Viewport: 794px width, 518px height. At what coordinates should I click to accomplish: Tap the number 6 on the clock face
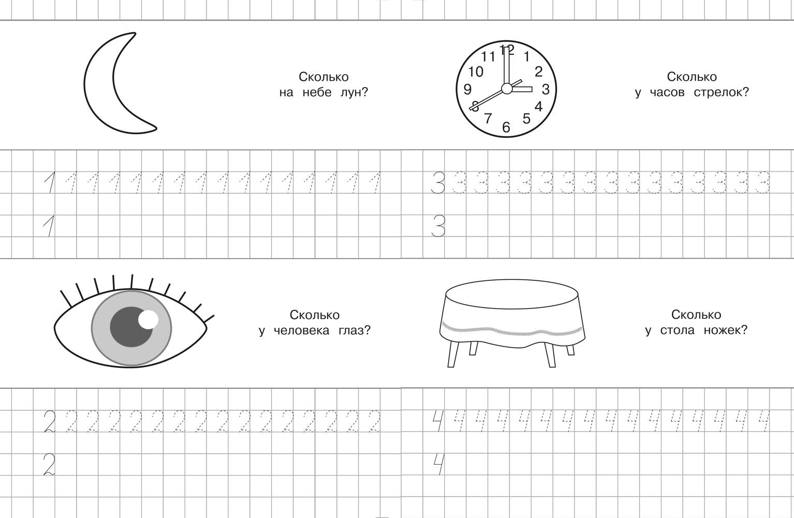point(506,127)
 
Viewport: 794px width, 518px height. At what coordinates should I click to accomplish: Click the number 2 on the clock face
point(538,71)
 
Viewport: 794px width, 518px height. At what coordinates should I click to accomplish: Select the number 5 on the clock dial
point(526,119)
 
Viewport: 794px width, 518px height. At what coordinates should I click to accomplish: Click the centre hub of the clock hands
point(507,89)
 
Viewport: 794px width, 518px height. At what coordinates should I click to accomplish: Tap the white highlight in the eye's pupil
point(149,319)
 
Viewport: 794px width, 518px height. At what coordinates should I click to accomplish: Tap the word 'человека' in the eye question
point(301,330)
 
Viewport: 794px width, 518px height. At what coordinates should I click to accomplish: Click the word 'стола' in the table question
point(677,330)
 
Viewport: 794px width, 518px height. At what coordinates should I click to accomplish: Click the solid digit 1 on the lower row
point(49,227)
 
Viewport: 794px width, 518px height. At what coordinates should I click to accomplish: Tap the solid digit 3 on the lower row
point(438,227)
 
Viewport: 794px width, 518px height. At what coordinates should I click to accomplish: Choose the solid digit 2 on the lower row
point(49,464)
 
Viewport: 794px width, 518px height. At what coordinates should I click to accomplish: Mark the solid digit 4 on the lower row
point(438,464)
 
